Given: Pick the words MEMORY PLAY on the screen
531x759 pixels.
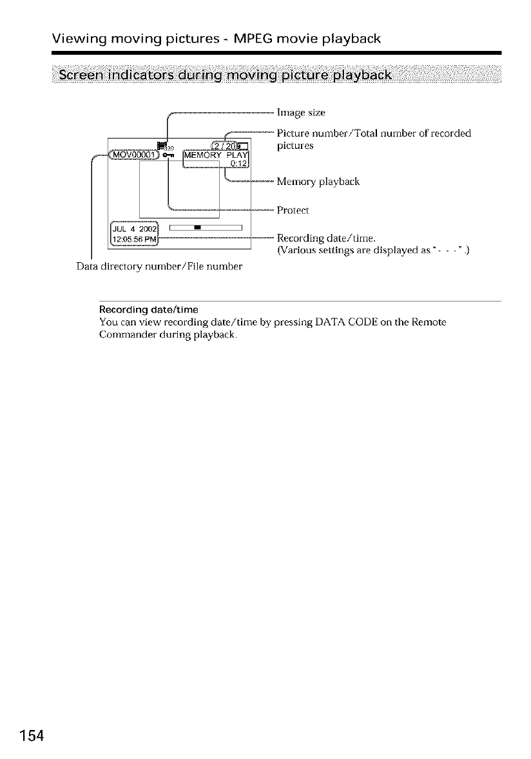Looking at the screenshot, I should pos(219,155).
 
